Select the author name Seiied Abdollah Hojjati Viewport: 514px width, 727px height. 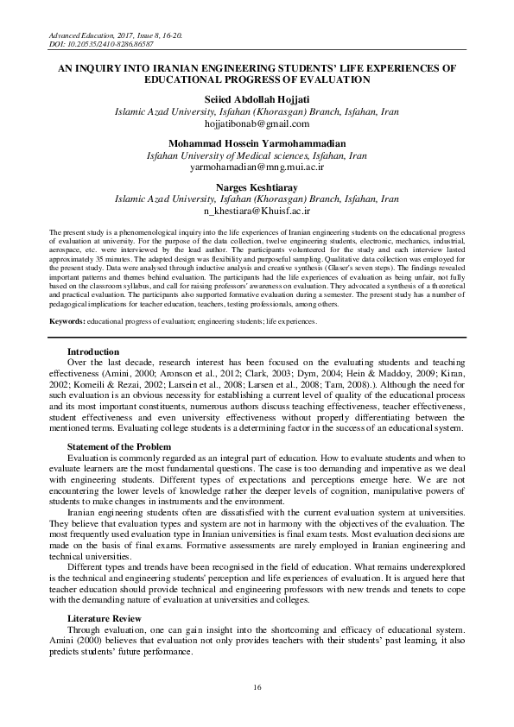pyautogui.click(x=256, y=101)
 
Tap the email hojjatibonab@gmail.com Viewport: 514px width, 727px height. pyautogui.click(x=256, y=124)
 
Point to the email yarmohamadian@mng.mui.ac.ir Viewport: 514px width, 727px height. pyautogui.click(x=256, y=167)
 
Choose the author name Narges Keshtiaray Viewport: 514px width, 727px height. pyautogui.click(x=256, y=186)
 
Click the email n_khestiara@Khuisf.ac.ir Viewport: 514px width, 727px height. pyautogui.click(x=256, y=210)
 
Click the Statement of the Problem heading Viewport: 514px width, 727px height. pyautogui.click(x=123, y=446)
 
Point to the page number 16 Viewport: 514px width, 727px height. pyautogui.click(x=257, y=686)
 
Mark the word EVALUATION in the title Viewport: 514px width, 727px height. pyautogui.click(x=327, y=79)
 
